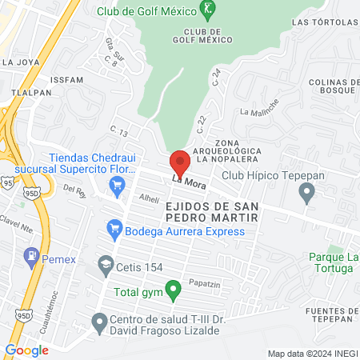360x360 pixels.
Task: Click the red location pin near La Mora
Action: [x=180, y=162]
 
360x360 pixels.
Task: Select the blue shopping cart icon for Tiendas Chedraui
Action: [x=117, y=186]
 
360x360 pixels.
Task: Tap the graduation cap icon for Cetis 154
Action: [x=105, y=263]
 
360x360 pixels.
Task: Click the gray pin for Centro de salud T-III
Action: [x=99, y=322]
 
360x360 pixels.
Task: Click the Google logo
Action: [x=26, y=350]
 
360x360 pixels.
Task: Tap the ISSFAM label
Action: [x=65, y=81]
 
